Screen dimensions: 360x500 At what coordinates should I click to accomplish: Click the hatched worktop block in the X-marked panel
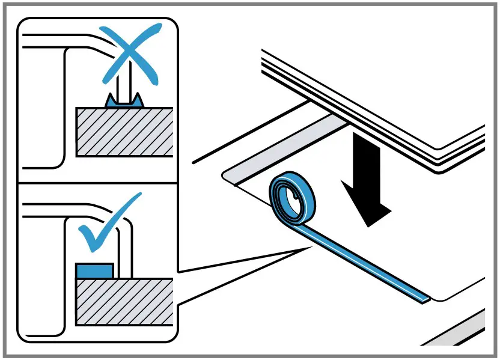pyautogui.click(x=124, y=132)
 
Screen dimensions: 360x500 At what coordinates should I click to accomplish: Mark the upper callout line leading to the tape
pyautogui.click(x=240, y=259)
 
